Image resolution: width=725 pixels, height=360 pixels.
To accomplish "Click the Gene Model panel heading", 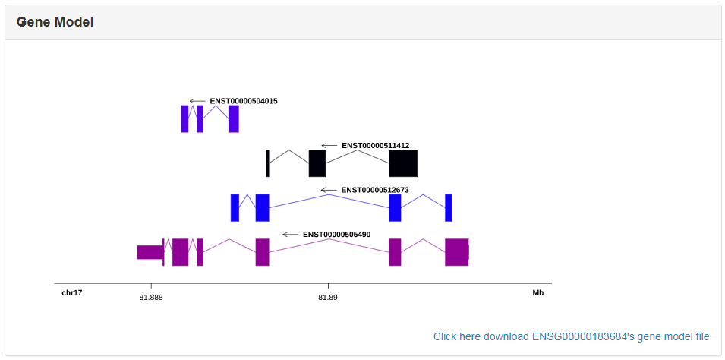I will click(x=55, y=22).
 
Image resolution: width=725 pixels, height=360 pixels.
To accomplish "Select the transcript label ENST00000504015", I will click(x=243, y=101).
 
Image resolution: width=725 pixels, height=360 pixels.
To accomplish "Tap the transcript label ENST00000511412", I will click(x=375, y=145).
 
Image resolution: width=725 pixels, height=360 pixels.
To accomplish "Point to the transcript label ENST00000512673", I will click(x=375, y=190).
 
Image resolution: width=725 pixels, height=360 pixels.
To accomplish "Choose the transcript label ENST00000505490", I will click(x=336, y=235).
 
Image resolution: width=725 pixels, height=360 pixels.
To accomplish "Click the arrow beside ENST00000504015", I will click(x=197, y=101).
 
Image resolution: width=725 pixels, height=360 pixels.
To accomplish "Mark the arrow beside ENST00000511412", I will click(x=329, y=145).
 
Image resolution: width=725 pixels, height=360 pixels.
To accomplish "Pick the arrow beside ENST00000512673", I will click(x=328, y=190).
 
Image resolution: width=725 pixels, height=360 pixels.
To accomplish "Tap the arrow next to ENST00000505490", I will click(x=290, y=235).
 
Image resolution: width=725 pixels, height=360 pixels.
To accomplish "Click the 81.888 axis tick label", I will click(x=150, y=297).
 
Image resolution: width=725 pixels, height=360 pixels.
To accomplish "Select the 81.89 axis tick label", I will click(x=327, y=297).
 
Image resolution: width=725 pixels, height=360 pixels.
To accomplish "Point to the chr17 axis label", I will click(x=72, y=292).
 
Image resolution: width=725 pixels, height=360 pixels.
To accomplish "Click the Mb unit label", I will click(x=537, y=292).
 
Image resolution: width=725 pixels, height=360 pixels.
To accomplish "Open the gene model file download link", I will click(x=571, y=336).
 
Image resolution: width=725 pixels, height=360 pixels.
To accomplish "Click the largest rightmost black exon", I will click(x=403, y=163).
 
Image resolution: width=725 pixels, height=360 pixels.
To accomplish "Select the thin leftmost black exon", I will click(x=267, y=163).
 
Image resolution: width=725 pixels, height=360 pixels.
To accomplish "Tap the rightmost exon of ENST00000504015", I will click(x=234, y=118).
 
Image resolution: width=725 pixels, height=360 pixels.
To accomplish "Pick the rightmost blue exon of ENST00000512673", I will click(x=449, y=207).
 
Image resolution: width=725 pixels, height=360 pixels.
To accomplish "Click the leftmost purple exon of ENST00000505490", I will click(x=150, y=252).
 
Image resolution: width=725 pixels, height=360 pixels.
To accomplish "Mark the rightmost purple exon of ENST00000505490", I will click(x=456, y=252).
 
